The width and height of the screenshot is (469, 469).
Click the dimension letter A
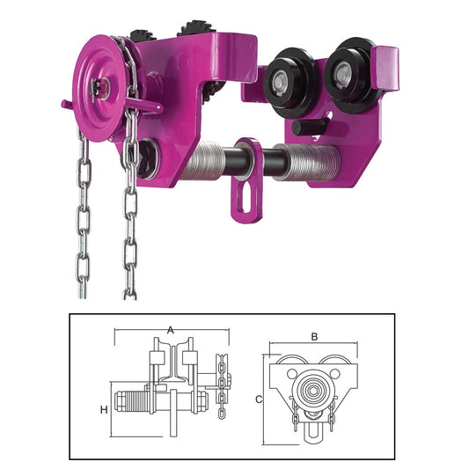(170, 331)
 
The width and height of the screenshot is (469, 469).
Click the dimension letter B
(314, 337)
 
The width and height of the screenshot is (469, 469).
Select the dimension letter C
(259, 399)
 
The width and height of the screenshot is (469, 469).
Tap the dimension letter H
(104, 409)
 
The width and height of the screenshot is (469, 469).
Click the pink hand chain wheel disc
(99, 88)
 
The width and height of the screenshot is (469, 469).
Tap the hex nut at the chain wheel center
(99, 89)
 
